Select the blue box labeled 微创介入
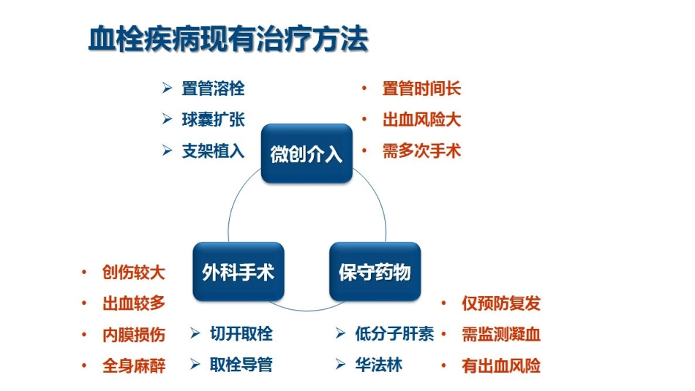click(x=307, y=154)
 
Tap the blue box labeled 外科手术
click(x=238, y=273)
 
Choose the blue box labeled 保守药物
click(x=375, y=273)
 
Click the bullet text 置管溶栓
click(x=213, y=89)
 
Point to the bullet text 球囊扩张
click(x=213, y=121)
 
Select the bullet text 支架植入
click(x=213, y=152)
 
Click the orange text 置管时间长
click(x=421, y=89)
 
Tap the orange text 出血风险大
click(x=421, y=121)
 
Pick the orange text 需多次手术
click(x=421, y=152)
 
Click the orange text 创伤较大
click(x=134, y=273)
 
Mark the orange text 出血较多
click(x=134, y=304)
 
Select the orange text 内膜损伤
click(x=134, y=335)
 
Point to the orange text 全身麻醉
click(x=134, y=366)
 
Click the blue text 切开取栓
click(x=241, y=334)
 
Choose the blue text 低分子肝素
click(x=394, y=334)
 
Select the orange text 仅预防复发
click(x=501, y=303)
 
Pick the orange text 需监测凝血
click(x=501, y=335)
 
